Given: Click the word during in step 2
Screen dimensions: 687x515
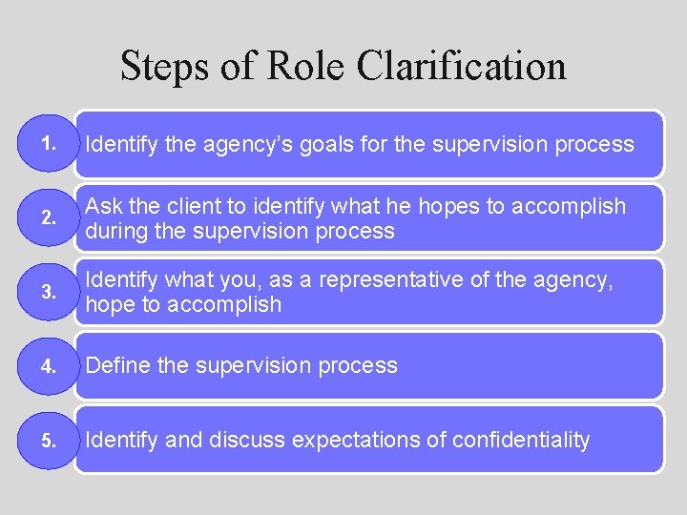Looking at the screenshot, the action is pyautogui.click(x=115, y=231).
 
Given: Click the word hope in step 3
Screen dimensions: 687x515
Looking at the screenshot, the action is pyautogui.click(x=108, y=305).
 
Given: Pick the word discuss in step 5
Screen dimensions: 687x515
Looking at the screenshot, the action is pyautogui.click(x=248, y=440).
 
